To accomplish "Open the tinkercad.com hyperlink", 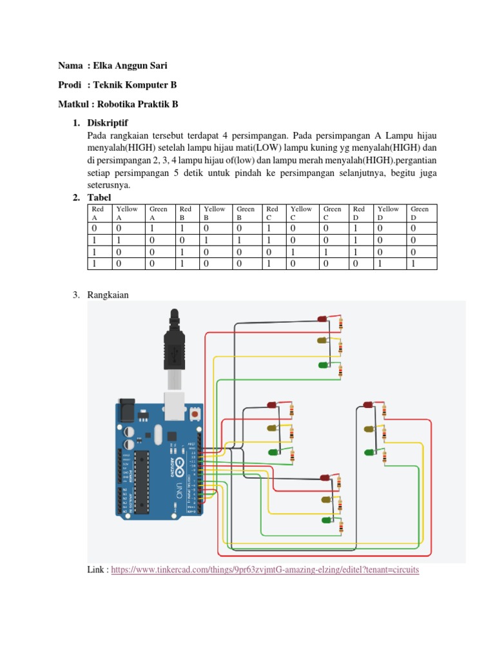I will tap(265, 571).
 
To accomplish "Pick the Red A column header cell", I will tap(99, 213).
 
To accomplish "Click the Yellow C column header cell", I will tap(301, 213).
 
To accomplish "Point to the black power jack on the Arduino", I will tap(127, 411).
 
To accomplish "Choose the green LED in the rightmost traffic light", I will tap(369, 452).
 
